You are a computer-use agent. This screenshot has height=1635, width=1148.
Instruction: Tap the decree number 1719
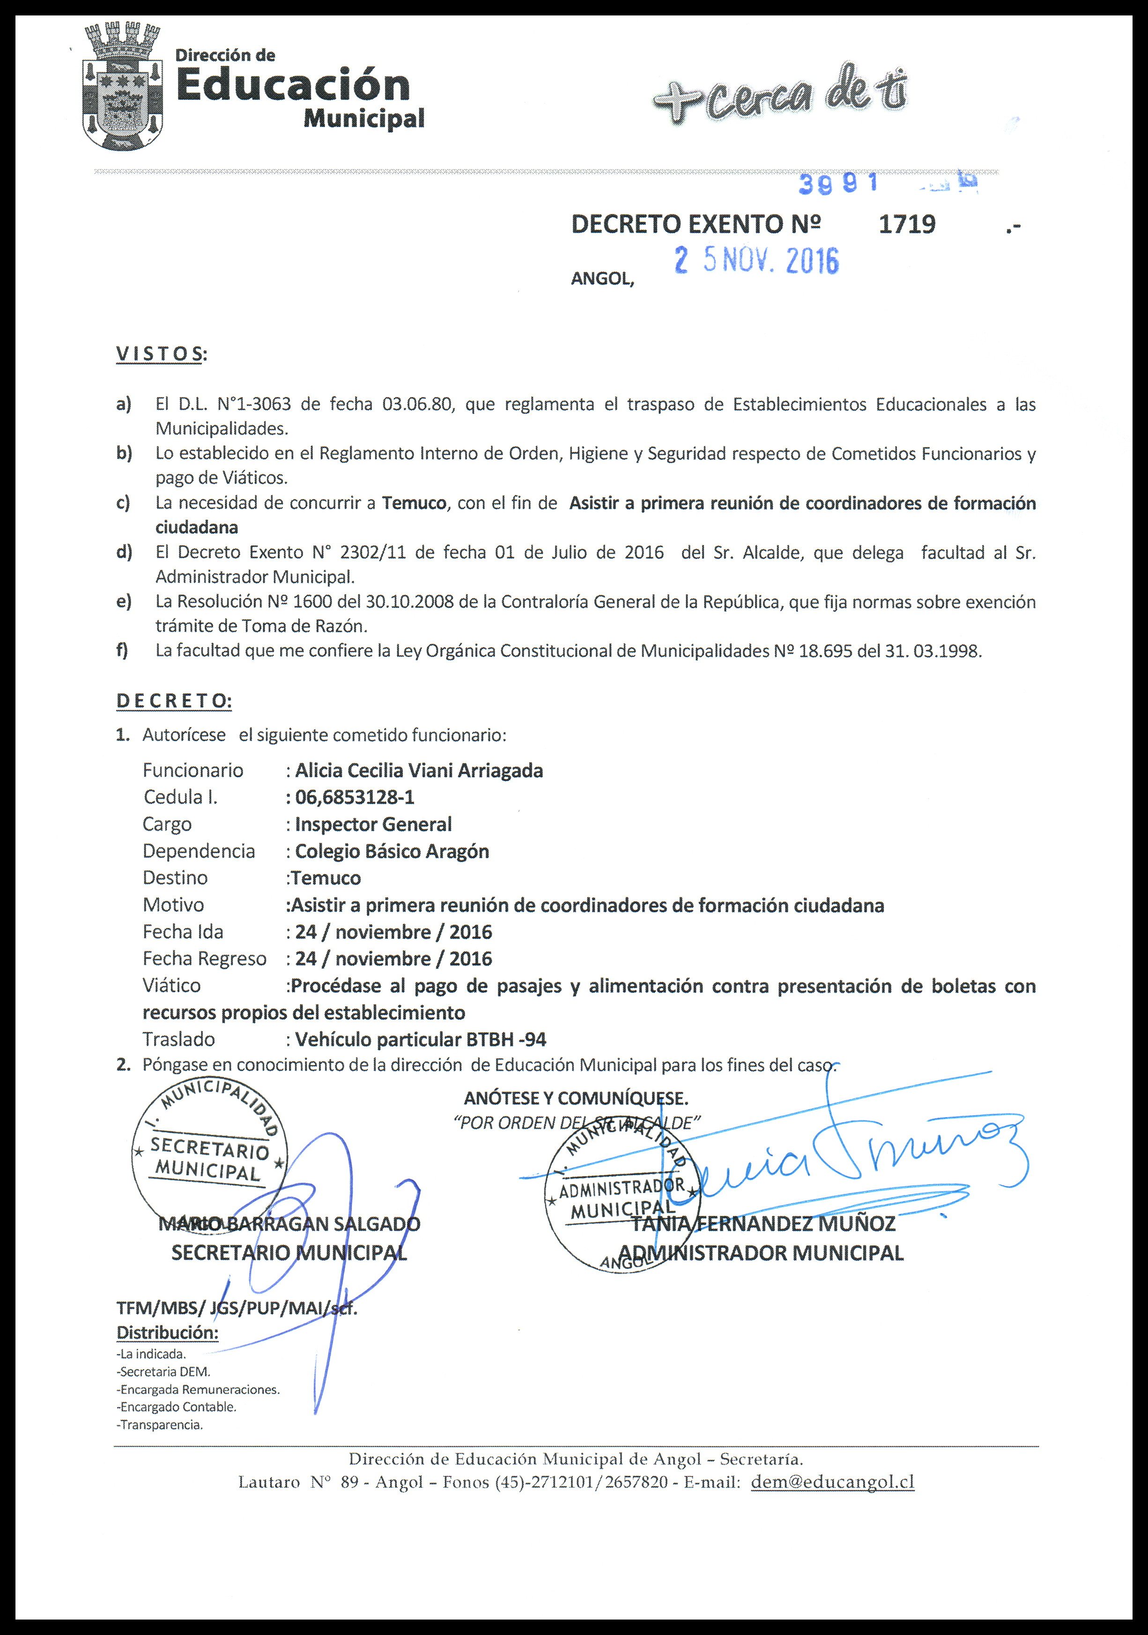click(x=907, y=224)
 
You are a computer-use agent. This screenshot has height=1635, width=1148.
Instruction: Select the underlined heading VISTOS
click(x=159, y=354)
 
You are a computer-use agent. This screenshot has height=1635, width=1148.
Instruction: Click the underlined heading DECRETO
click(x=173, y=701)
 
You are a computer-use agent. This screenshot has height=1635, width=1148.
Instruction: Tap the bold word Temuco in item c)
click(x=414, y=503)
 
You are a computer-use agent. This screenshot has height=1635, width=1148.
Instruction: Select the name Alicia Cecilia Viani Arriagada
click(x=419, y=771)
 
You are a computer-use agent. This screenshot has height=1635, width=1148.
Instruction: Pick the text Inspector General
click(x=373, y=824)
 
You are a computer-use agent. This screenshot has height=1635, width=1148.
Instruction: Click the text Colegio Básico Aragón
click(x=392, y=851)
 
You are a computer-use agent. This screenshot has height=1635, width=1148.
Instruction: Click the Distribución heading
click(x=167, y=1333)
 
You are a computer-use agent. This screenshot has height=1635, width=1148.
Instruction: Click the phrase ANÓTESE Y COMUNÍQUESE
click(x=576, y=1097)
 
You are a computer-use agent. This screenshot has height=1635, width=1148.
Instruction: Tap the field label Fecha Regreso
click(x=204, y=958)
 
